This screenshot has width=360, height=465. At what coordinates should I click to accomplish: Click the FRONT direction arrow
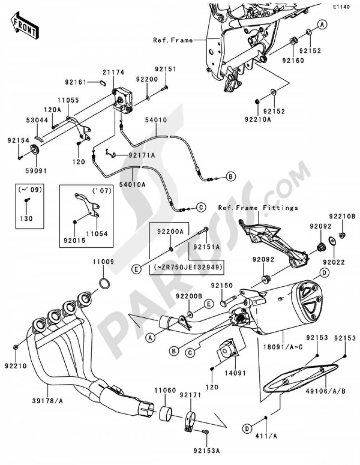[x=24, y=26]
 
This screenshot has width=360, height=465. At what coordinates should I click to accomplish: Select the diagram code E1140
[x=341, y=7]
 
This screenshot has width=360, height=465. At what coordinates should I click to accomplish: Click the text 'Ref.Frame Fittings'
[x=258, y=208]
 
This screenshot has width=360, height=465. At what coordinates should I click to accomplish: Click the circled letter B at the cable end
[x=231, y=176]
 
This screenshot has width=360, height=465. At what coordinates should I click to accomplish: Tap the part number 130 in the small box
[x=27, y=218]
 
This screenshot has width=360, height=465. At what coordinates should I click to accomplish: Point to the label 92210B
[x=342, y=216]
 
